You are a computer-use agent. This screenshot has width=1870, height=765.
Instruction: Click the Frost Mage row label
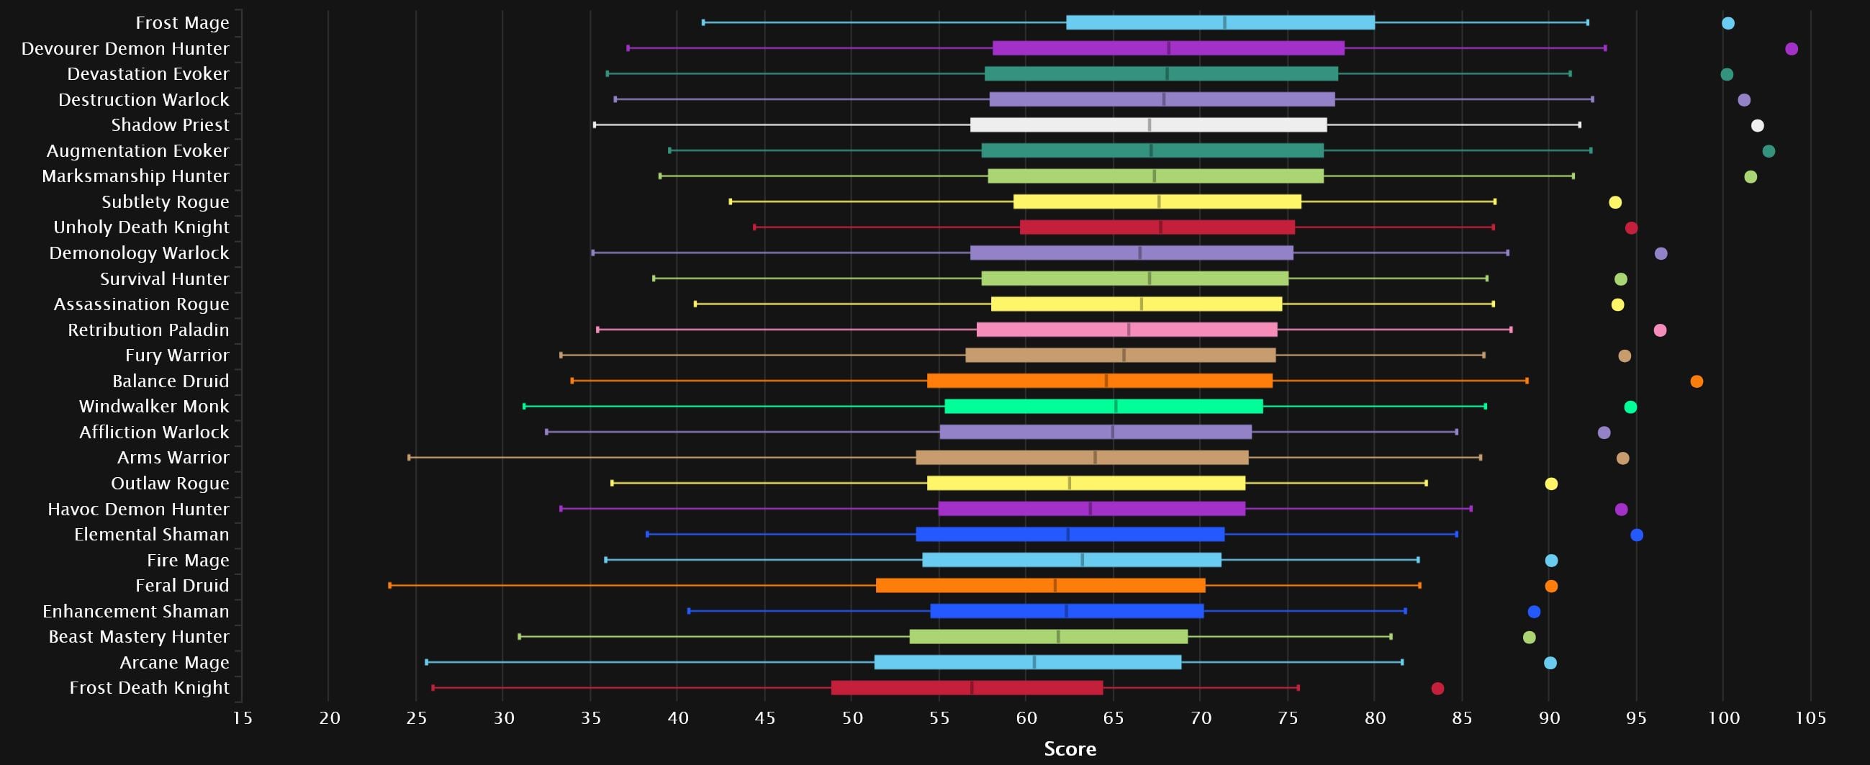click(182, 23)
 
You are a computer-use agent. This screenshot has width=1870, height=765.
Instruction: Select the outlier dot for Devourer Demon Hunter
click(1791, 49)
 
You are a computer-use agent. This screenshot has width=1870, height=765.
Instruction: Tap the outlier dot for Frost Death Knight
click(1437, 688)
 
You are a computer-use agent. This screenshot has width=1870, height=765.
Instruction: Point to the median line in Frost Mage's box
click(1224, 22)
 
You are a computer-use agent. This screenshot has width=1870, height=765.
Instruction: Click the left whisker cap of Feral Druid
click(390, 585)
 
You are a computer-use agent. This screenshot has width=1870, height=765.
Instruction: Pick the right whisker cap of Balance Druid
click(1527, 380)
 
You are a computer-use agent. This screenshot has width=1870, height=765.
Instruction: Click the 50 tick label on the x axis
click(852, 718)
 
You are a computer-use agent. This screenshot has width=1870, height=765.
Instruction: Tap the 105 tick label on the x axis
click(1810, 718)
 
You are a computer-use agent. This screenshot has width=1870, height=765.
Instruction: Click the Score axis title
click(1070, 749)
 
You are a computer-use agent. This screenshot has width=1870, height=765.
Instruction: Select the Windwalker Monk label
click(154, 407)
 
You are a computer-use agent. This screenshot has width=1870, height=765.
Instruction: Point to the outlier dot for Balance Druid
click(1697, 381)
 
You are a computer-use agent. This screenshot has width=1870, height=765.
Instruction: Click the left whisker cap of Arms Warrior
click(410, 457)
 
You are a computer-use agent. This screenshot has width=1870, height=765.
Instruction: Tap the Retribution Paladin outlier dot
click(1660, 330)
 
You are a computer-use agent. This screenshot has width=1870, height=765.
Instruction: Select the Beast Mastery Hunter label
click(139, 636)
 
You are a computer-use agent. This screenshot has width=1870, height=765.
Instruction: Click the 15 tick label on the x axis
click(243, 718)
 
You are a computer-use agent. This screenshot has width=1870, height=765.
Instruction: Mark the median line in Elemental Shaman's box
click(1068, 534)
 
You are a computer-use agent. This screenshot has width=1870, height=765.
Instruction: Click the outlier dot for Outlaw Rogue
click(1550, 484)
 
